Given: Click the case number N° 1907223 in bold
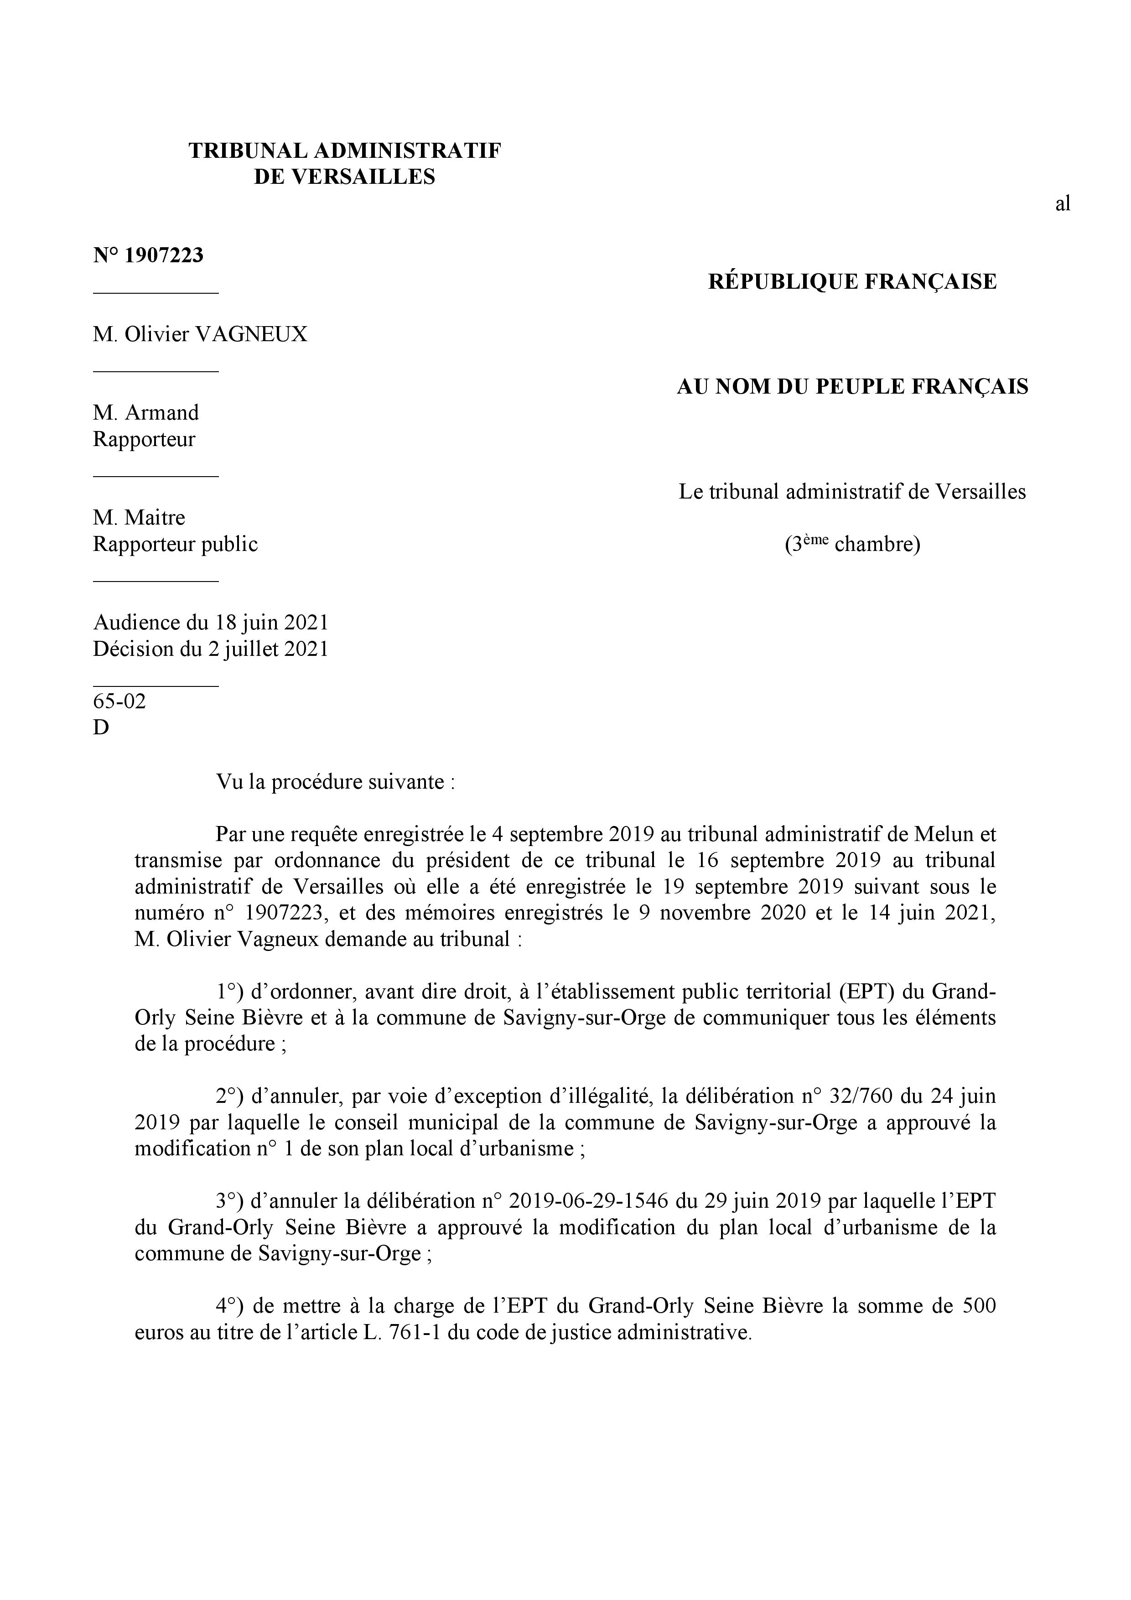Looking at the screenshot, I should click(x=148, y=256).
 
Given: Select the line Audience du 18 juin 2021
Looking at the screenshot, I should click(x=210, y=622).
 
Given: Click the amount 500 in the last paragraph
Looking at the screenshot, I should click(x=978, y=1306).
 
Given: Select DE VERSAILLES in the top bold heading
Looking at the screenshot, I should click(x=344, y=177).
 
